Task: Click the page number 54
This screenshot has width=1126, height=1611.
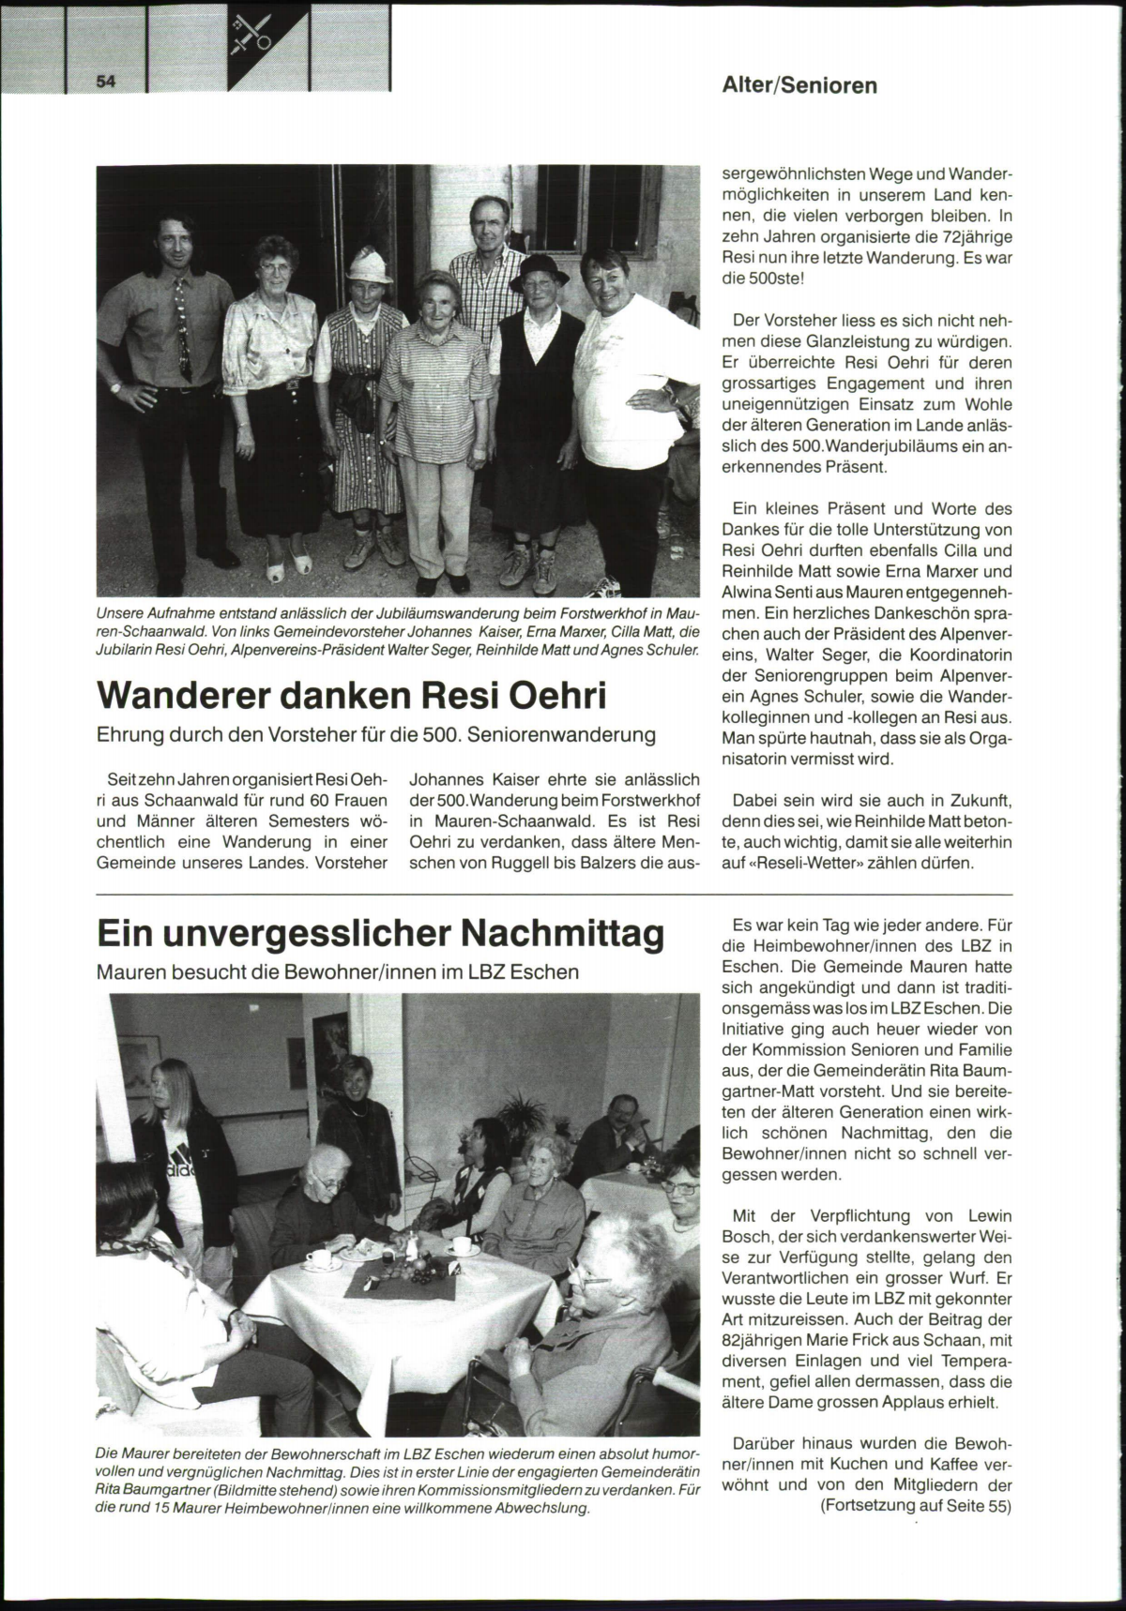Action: (104, 82)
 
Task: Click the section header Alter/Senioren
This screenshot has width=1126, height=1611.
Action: (799, 85)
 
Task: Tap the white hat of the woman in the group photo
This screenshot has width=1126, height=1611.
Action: (369, 264)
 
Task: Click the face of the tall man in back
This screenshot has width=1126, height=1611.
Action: (490, 227)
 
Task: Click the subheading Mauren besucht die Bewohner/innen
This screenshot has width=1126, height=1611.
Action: (338, 971)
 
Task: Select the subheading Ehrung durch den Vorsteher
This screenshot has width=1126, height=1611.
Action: (376, 734)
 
